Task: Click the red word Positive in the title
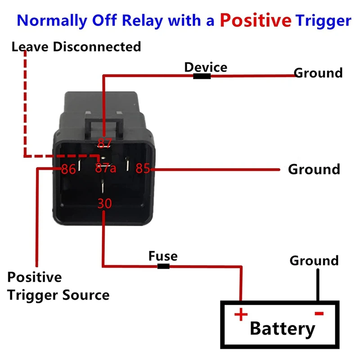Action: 255,20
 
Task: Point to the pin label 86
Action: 68,170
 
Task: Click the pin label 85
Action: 142,169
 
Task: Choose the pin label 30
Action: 104,203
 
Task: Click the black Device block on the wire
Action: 202,76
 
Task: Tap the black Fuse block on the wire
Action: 163,266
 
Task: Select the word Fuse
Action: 163,256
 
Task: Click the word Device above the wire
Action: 206,67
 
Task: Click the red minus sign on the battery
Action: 319,313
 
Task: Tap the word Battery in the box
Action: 283,328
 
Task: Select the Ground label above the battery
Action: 314,261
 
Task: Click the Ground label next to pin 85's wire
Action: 314,170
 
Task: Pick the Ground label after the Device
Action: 318,73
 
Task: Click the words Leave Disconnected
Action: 76,46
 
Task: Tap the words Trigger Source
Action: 58,295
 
